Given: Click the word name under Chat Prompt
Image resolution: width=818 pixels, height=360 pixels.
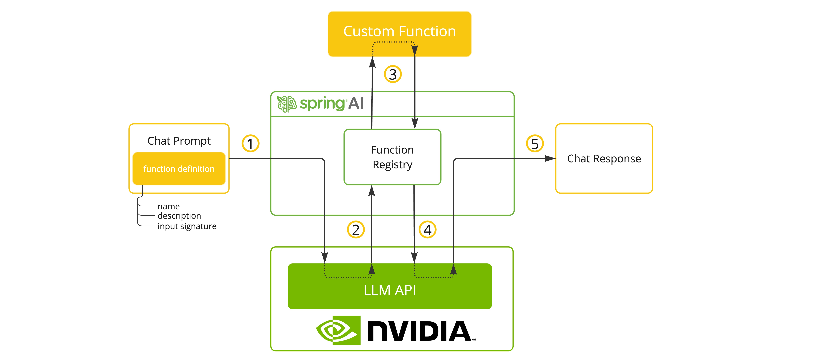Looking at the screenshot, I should (x=169, y=206).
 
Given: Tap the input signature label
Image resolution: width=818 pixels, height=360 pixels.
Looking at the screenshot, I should (x=187, y=226).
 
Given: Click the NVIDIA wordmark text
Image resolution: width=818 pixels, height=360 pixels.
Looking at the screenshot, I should (x=419, y=331).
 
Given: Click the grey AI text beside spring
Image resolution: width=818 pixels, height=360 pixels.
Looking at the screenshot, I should (x=356, y=104).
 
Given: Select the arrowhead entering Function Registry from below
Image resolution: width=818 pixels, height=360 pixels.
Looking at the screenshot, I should (x=372, y=191).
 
